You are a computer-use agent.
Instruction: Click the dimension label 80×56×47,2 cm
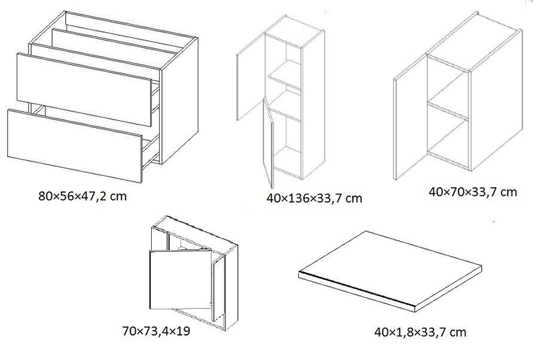(x=82, y=196)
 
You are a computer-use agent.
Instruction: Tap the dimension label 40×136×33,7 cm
(x=314, y=198)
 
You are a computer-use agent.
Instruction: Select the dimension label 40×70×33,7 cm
(x=472, y=191)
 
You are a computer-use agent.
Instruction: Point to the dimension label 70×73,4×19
(x=156, y=331)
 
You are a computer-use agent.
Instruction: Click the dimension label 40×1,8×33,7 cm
(x=420, y=332)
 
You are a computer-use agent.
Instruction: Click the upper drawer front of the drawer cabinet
(x=84, y=90)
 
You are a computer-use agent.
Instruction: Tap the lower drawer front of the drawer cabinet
(x=75, y=146)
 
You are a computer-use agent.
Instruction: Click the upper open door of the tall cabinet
(x=251, y=76)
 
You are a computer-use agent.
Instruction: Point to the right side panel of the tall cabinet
(x=313, y=105)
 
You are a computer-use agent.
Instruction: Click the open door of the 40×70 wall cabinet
(x=410, y=117)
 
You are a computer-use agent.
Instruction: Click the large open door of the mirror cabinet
(x=180, y=279)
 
